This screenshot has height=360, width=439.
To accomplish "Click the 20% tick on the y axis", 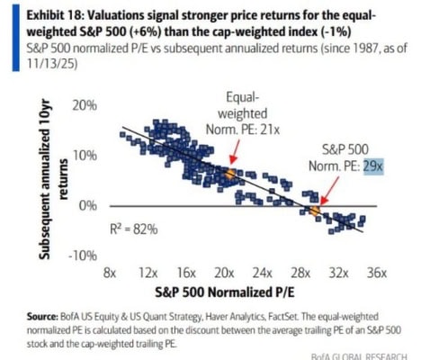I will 84,105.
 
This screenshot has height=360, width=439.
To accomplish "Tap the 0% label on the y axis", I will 87,205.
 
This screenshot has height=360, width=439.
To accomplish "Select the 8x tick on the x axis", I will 112,271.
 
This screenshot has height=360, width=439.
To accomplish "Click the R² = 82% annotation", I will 136,229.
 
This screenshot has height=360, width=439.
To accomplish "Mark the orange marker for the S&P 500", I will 315,211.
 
